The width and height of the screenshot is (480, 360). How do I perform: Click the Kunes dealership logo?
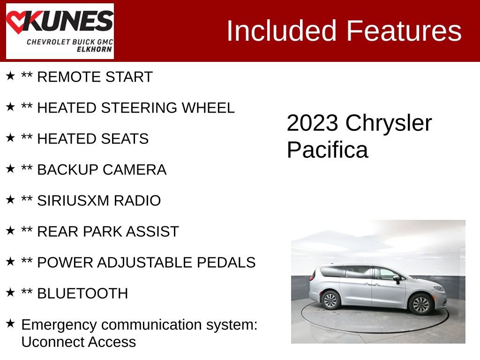coord(60,31)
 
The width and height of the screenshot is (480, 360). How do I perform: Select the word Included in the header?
coord(282,31)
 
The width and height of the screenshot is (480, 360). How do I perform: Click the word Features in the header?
coord(404,31)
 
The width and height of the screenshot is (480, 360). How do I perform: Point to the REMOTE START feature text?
coord(95,77)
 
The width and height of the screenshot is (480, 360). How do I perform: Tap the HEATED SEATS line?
coord(92,139)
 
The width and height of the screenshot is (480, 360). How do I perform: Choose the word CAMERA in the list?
coord(139,170)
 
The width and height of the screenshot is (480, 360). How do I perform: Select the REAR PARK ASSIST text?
coord(108,232)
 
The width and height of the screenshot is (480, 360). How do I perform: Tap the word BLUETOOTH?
coord(82,293)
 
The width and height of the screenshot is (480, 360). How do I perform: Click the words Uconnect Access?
coord(79,342)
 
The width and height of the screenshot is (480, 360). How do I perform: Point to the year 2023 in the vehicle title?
coord(312,123)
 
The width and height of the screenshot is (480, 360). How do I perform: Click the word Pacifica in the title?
coord(327,150)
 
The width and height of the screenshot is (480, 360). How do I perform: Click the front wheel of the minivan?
coord(420,303)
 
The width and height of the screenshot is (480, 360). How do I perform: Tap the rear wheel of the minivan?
coord(330,300)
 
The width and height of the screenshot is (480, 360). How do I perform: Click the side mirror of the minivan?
coord(397,279)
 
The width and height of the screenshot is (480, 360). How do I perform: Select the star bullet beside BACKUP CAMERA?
coord(10,169)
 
